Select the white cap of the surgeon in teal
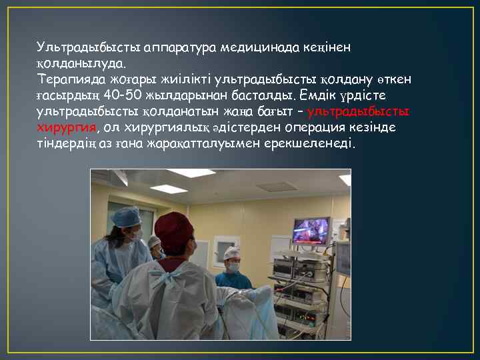(231, 252)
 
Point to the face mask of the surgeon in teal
(233, 267)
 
